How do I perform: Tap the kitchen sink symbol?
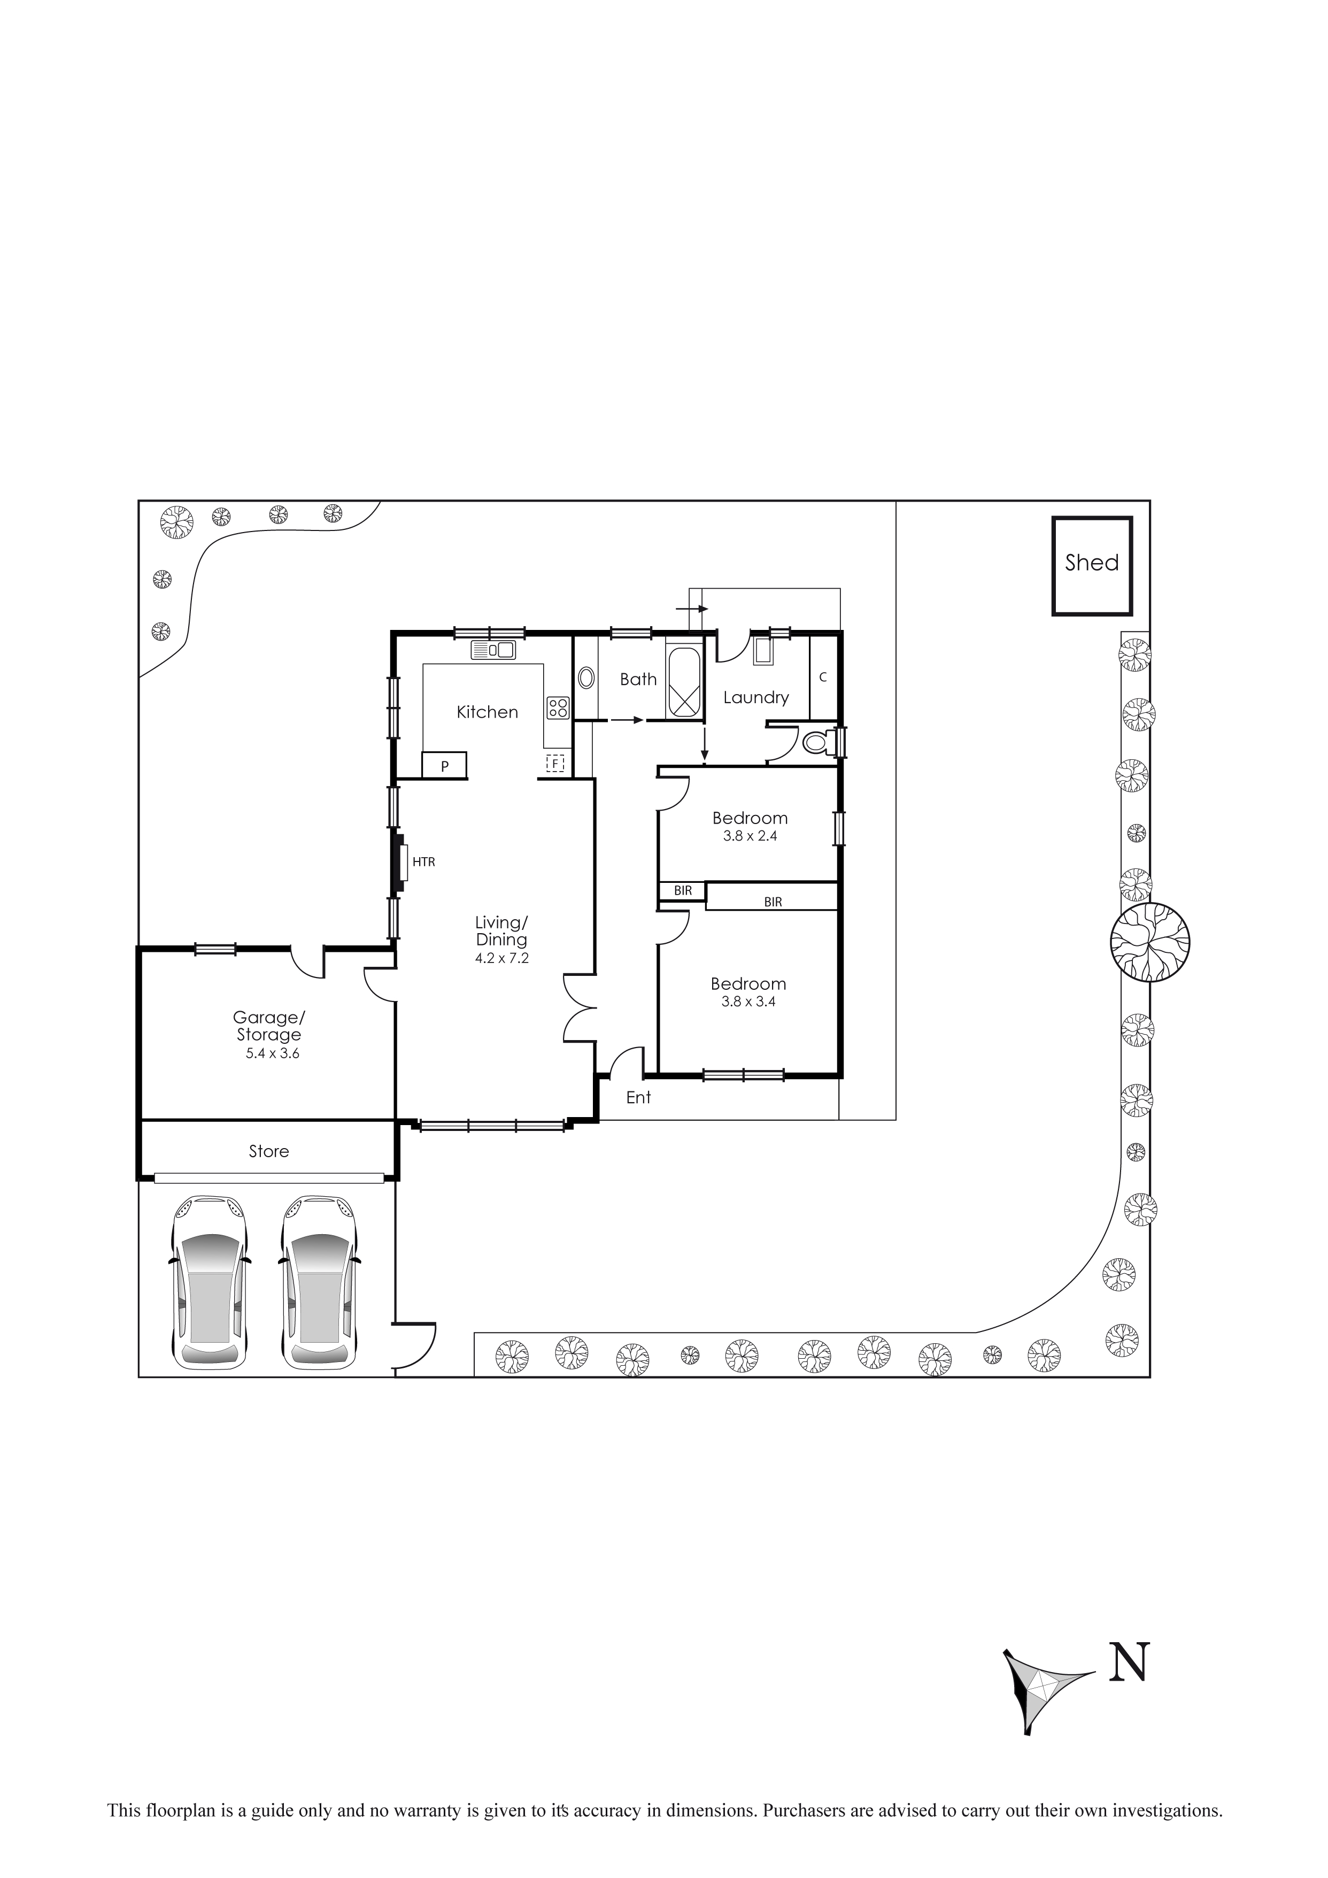[493, 650]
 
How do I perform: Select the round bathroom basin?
[586, 678]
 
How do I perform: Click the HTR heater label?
[423, 862]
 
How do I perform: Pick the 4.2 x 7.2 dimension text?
[501, 958]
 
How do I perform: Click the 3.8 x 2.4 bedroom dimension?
[750, 836]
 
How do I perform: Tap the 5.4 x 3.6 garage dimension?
[272, 1053]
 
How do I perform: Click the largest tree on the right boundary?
[1150, 942]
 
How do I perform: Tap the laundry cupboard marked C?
[823, 678]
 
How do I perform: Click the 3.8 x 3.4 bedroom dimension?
[748, 1001]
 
